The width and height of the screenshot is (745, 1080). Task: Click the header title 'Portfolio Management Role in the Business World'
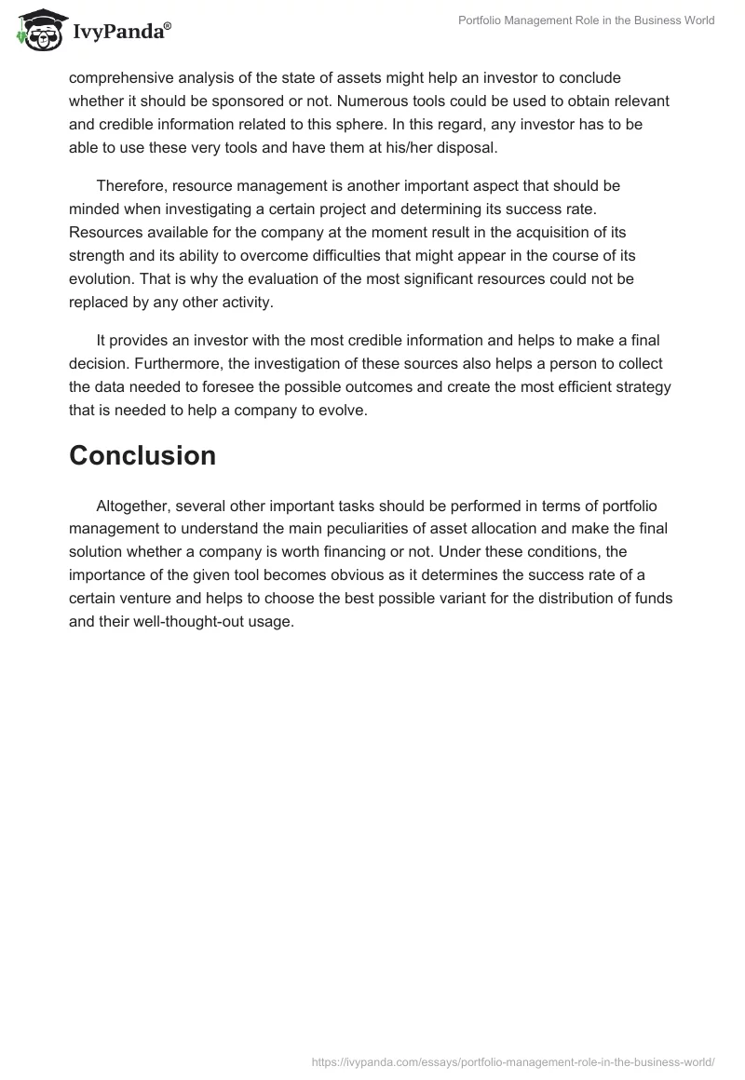(587, 20)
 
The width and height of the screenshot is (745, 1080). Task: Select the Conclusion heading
(142, 455)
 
